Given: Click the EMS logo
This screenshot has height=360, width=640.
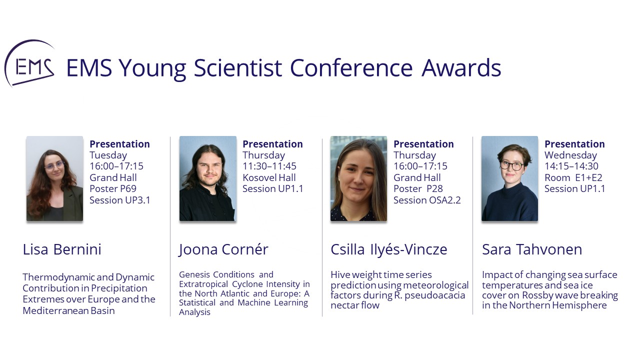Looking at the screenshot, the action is (29, 63).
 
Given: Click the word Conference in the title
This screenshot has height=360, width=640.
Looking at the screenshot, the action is (351, 68).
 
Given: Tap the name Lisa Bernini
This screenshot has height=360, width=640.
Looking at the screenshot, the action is (62, 249).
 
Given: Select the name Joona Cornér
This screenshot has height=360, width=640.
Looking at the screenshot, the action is (223, 249).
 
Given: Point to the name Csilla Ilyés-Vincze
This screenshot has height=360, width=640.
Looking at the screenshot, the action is (389, 249).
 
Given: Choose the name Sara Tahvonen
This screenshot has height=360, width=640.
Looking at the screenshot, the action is (532, 249).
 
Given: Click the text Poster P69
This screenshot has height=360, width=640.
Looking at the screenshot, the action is (113, 189).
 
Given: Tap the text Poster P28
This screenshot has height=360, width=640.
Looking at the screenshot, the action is (418, 189).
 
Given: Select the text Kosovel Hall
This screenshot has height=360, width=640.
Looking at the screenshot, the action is (269, 177).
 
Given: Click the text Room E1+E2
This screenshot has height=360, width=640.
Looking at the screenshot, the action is (573, 177).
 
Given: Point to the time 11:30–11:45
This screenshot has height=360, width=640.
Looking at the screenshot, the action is (269, 166).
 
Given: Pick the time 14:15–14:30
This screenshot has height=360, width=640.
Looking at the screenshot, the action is (571, 166).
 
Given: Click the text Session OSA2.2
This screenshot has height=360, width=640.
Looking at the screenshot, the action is (427, 200).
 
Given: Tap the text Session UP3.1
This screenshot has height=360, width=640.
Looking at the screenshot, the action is (119, 200).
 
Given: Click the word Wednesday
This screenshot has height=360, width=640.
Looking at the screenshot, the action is (570, 155).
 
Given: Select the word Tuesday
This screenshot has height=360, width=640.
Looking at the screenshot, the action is (108, 155).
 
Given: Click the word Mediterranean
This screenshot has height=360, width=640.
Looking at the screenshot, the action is (55, 310).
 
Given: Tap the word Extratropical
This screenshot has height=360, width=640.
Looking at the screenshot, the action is (203, 284).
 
